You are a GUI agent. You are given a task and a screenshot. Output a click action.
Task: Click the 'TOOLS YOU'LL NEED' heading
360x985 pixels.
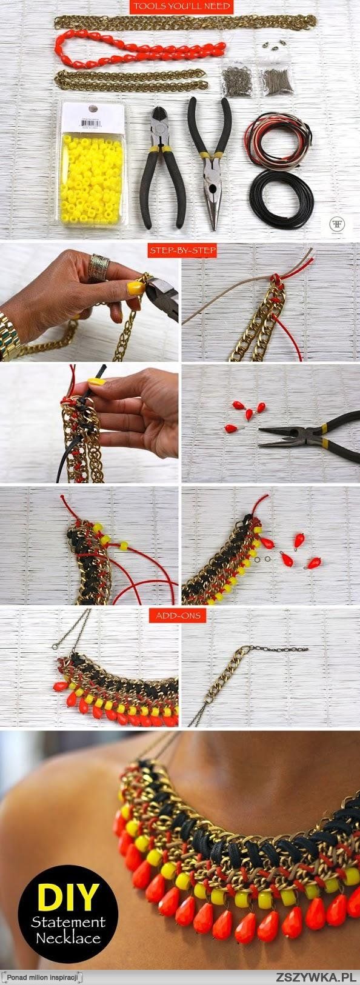pyautogui.click(x=182, y=7)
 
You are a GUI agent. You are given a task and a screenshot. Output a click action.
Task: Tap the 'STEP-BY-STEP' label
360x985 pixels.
pyautogui.click(x=182, y=249)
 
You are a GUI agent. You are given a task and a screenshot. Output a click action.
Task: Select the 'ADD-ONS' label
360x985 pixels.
pyautogui.click(x=180, y=615)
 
